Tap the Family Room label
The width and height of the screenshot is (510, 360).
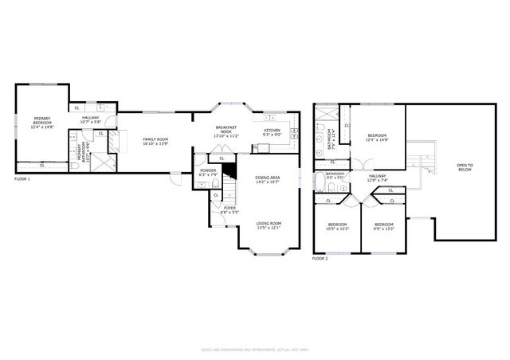pyautogui.click(x=155, y=142)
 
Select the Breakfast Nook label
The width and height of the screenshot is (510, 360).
pyautogui.click(x=226, y=132)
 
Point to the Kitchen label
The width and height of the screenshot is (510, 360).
pyautogui.click(x=272, y=132)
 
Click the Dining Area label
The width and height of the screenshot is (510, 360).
pyautogui.click(x=267, y=179)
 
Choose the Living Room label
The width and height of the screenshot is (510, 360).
pyautogui.click(x=268, y=225)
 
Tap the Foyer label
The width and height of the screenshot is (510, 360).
pyautogui.click(x=229, y=209)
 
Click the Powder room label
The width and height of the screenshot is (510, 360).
pyautogui.click(x=208, y=171)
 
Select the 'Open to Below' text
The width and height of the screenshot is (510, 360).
pyautogui.click(x=465, y=167)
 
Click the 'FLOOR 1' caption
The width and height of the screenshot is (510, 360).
pyautogui.click(x=22, y=180)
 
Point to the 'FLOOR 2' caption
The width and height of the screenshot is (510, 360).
pyautogui.click(x=320, y=259)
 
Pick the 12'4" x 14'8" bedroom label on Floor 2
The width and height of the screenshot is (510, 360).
pyautogui.click(x=377, y=137)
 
